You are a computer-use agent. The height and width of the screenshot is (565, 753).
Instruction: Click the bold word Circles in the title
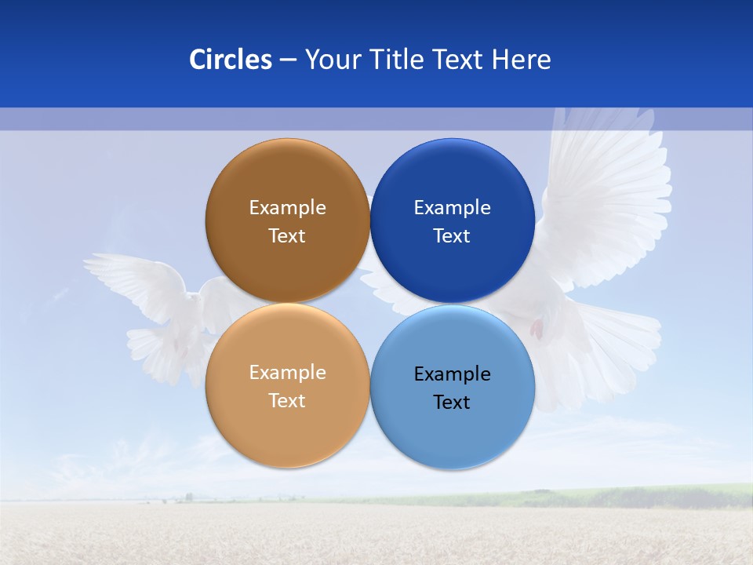pos(231,60)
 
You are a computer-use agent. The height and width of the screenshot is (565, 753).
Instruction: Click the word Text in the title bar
pos(458,60)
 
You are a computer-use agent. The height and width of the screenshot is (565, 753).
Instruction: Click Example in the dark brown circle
pos(287,208)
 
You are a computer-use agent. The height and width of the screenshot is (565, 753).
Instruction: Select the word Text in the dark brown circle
pos(287,236)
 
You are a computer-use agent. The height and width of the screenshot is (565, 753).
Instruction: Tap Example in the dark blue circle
pos(452,208)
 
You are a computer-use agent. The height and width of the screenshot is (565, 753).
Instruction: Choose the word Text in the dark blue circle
pos(452,236)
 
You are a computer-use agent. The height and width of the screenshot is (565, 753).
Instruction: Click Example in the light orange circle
pos(287,373)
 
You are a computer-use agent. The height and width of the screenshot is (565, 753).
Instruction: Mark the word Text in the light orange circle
pos(287,401)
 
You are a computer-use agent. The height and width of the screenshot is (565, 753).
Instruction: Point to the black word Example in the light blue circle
pos(452,374)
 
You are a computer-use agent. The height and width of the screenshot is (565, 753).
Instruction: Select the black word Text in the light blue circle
pos(452,403)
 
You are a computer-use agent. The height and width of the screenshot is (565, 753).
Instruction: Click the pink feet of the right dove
pos(537,328)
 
